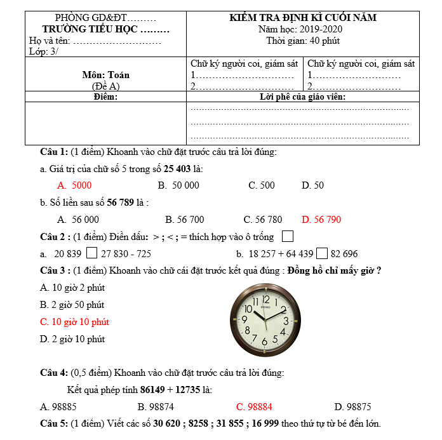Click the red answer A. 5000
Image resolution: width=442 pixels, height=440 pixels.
click(74, 185)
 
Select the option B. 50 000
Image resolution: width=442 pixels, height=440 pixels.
click(178, 185)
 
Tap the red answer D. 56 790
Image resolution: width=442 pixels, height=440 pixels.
click(321, 220)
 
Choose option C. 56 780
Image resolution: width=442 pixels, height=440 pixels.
click(263, 220)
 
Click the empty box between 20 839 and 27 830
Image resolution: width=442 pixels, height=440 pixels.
click(91, 253)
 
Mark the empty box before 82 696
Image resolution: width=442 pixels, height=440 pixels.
click(322, 253)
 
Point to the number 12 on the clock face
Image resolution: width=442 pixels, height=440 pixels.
click(266, 299)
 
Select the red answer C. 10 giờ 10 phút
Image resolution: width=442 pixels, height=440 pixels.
click(74, 322)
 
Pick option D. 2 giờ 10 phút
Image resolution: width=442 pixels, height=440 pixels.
click(72, 339)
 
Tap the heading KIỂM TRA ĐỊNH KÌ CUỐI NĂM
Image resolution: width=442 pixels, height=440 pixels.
click(303, 18)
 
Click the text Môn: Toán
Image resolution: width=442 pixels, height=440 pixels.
click(105, 75)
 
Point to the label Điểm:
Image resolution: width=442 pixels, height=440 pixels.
click(105, 97)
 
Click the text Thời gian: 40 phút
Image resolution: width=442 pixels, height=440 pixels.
click(303, 41)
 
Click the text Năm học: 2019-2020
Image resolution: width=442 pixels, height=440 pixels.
click(303, 29)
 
